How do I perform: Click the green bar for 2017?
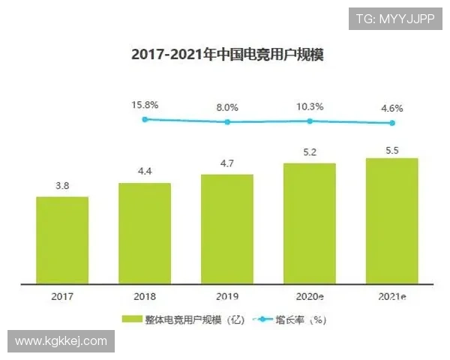point(62,240)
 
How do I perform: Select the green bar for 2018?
point(145,233)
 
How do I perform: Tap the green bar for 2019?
point(227,229)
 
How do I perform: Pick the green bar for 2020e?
point(310,223)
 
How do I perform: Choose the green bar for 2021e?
point(391,221)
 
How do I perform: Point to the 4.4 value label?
point(145,172)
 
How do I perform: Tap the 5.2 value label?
point(310,152)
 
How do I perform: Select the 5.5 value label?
point(391,148)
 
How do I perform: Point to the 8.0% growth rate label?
point(227,107)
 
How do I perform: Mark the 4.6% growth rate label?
point(391,109)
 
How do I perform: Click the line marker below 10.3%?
point(310,120)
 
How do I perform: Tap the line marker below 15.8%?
point(145,118)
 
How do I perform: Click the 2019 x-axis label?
point(227,297)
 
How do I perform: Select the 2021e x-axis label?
point(391,297)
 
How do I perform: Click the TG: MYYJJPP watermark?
point(394,18)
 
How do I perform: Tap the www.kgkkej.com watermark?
point(61,341)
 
